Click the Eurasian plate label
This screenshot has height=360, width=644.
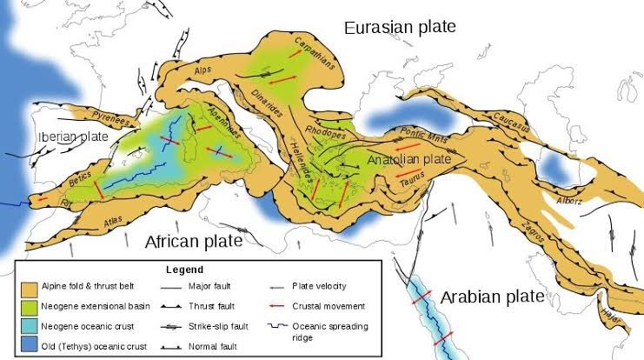tap(399, 27)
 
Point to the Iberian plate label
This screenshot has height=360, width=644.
tap(71, 137)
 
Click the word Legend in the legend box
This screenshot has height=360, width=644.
tap(185, 270)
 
